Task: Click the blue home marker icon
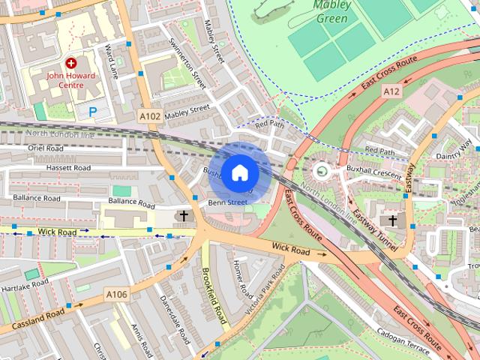pyautogui.click(x=238, y=173)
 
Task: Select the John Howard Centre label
pyautogui.click(x=71, y=80)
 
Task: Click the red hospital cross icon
pyautogui.click(x=71, y=64)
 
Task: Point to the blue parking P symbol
pyautogui.click(x=93, y=112)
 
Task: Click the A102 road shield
pyautogui.click(x=150, y=115)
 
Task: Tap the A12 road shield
pyautogui.click(x=391, y=91)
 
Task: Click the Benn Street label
pyautogui.click(x=227, y=202)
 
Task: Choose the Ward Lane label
pyautogui.click(x=112, y=62)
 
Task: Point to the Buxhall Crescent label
pyautogui.click(x=375, y=172)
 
